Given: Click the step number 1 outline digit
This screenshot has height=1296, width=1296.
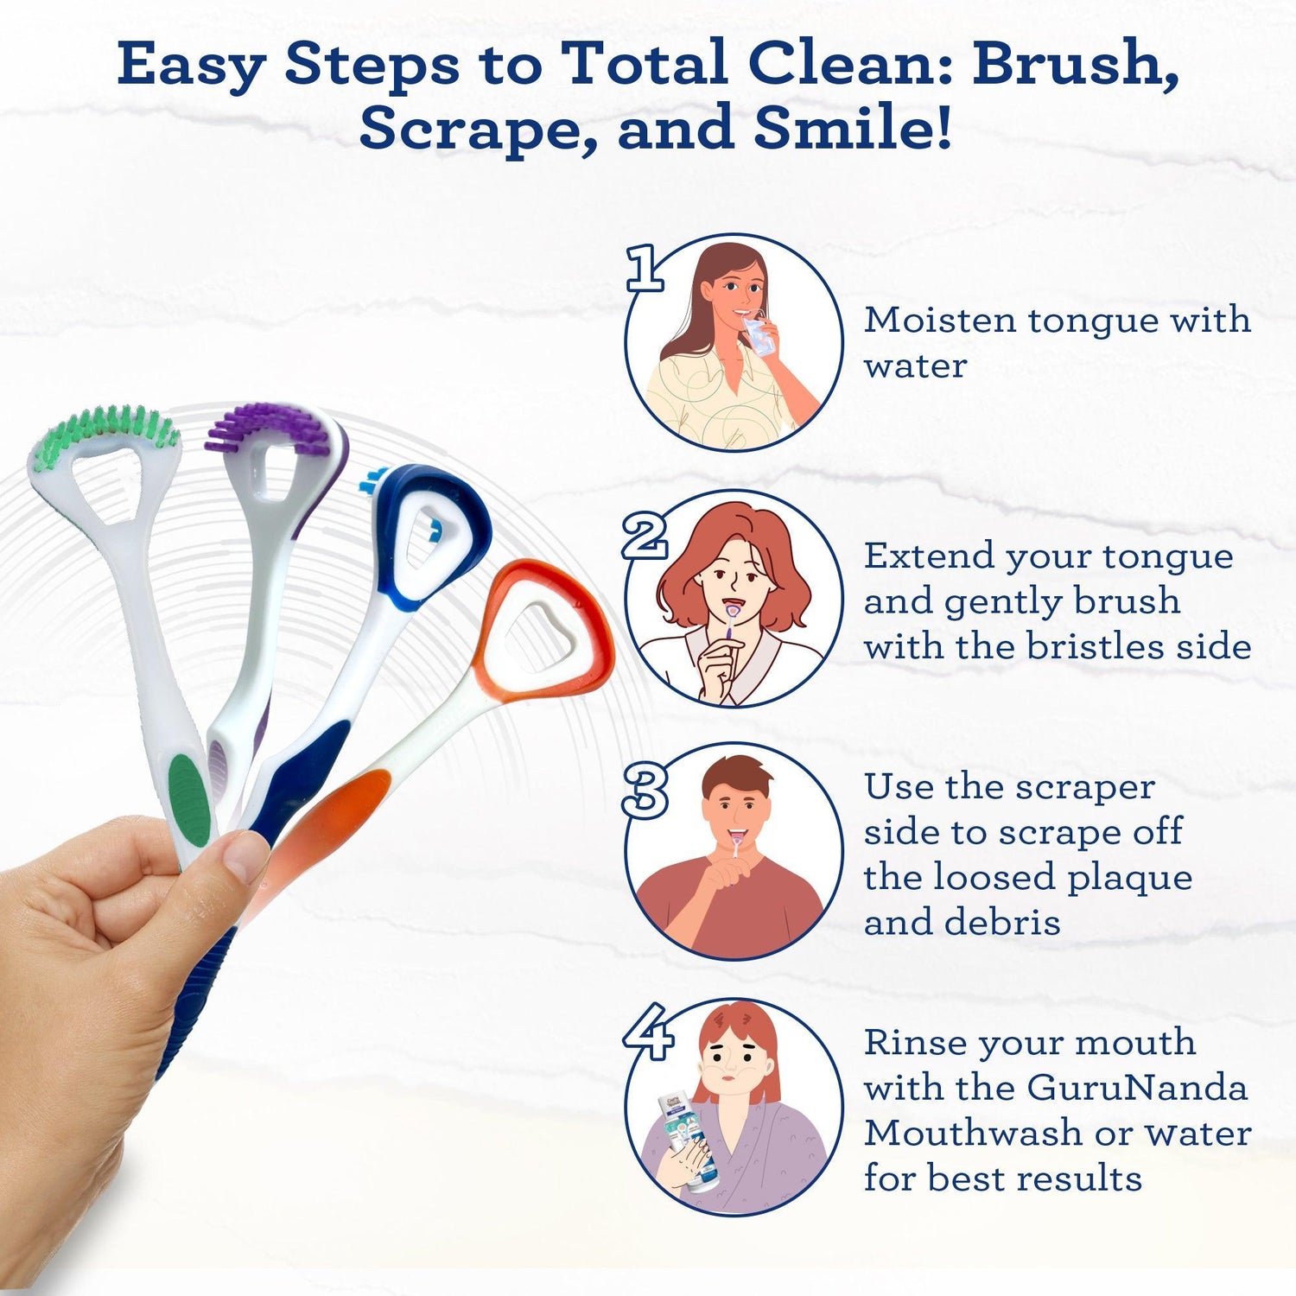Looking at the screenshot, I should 644,268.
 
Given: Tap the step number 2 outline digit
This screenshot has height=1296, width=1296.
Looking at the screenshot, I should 645,537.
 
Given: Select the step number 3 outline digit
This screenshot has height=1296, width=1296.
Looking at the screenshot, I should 645,792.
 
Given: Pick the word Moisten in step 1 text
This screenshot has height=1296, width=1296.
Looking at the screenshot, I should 940,321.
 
